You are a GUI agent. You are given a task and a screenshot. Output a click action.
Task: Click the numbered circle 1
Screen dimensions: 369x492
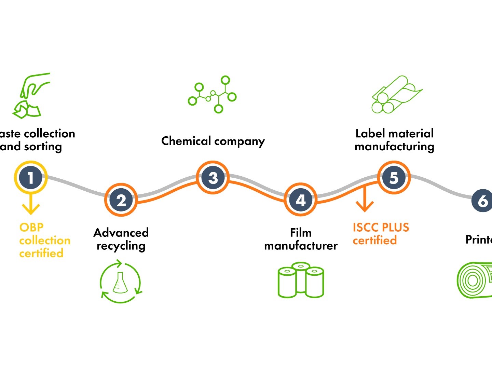(x=31, y=178)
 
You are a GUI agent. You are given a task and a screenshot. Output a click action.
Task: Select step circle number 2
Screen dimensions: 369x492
(x=121, y=200)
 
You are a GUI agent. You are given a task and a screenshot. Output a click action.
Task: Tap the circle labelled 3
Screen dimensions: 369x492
(x=213, y=178)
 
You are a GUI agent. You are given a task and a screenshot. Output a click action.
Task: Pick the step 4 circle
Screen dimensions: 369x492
(x=301, y=200)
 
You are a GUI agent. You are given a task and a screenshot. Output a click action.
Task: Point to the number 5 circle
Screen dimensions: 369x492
(x=394, y=178)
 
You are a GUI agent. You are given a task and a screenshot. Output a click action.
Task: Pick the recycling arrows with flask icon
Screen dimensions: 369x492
(x=120, y=282)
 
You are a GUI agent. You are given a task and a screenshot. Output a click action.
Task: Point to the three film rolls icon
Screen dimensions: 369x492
(x=301, y=280)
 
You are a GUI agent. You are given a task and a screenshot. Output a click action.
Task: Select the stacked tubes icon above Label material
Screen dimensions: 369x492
(x=396, y=95)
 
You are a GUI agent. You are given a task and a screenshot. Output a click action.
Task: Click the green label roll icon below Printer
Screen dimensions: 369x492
(x=475, y=280)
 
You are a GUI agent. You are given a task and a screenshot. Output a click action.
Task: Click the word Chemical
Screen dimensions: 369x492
(x=186, y=141)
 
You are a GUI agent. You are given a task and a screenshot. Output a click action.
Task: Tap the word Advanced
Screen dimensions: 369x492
(x=121, y=233)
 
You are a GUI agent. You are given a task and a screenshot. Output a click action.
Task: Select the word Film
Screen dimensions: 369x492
(x=301, y=233)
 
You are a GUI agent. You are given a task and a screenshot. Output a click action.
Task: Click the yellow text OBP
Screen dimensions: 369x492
(x=31, y=228)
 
